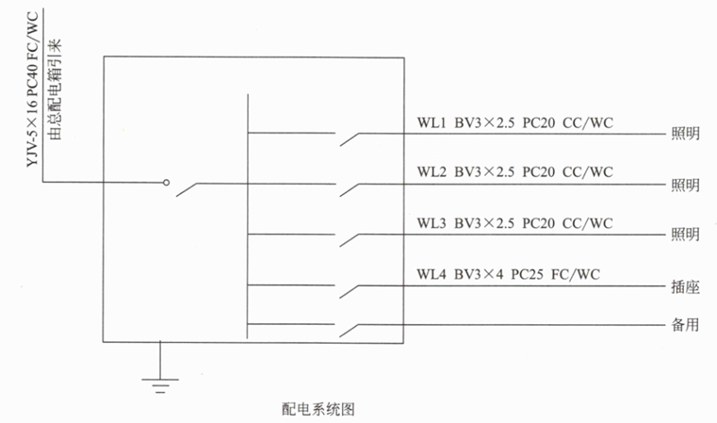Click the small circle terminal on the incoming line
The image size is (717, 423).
pos(167,183)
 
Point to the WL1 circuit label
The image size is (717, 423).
pos(431,122)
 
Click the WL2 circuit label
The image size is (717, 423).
pos(431,172)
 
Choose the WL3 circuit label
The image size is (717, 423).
pos(431,223)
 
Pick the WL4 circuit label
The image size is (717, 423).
pos(431,274)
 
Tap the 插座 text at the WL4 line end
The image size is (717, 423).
pos(685,285)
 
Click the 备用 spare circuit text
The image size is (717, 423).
pos(685,326)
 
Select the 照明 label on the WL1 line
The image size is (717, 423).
pos(685,133)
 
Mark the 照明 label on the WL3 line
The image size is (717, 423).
pos(685,235)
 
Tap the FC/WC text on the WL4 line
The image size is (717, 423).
pos(576,274)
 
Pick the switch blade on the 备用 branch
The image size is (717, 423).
pos(350,331)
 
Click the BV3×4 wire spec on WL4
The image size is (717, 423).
pos(478,274)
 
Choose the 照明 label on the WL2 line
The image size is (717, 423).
pos(685,184)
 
